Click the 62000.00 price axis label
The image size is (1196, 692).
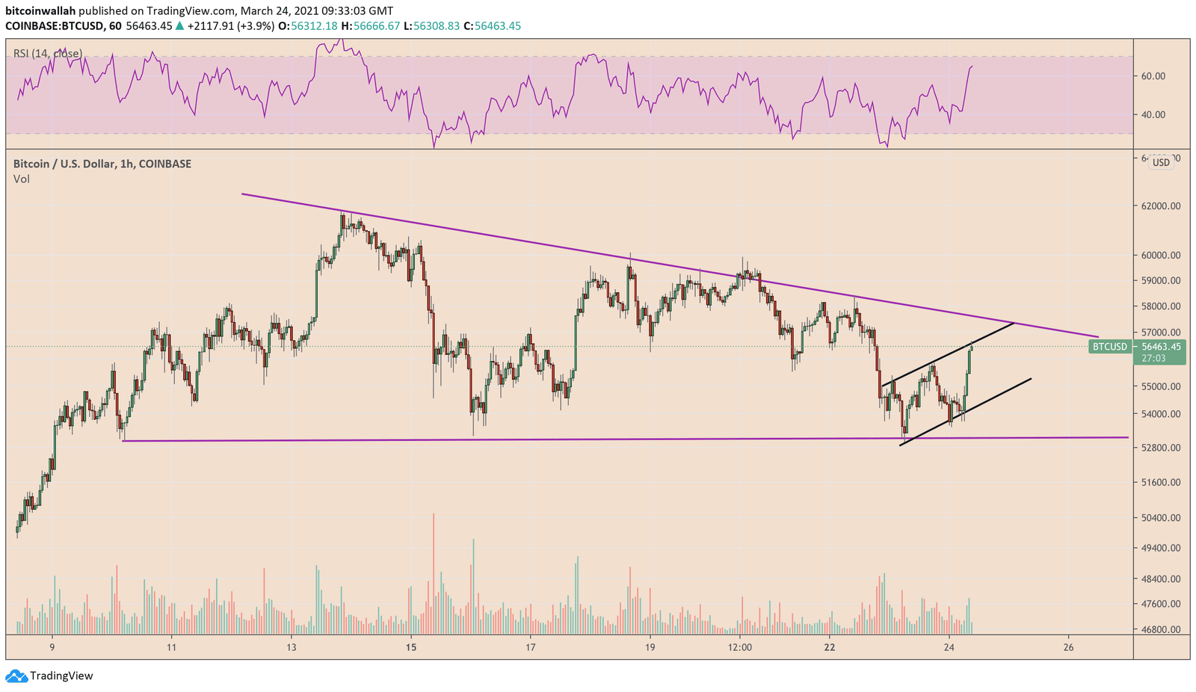[x=1159, y=206]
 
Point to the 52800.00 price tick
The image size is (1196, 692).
[x=1159, y=448]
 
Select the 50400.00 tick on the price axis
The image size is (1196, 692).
[x=1159, y=518]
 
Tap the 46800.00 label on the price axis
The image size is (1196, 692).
[x=1159, y=629]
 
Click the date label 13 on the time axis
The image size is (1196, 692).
[x=291, y=647]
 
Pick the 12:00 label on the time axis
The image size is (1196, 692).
[x=739, y=647]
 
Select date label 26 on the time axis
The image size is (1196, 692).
[x=1068, y=647]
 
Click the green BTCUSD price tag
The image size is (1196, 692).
[x=1109, y=347]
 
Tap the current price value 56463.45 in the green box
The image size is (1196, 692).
[x=1160, y=347]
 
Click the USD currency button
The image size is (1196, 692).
[x=1161, y=162]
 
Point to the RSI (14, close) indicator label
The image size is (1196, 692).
[x=48, y=54]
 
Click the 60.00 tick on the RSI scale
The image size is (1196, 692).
[x=1153, y=76]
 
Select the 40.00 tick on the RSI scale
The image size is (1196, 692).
[x=1153, y=115]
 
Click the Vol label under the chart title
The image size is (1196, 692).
[x=22, y=179]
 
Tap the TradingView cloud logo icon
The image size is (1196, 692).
[x=16, y=676]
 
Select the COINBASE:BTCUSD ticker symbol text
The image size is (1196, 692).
[x=52, y=26]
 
